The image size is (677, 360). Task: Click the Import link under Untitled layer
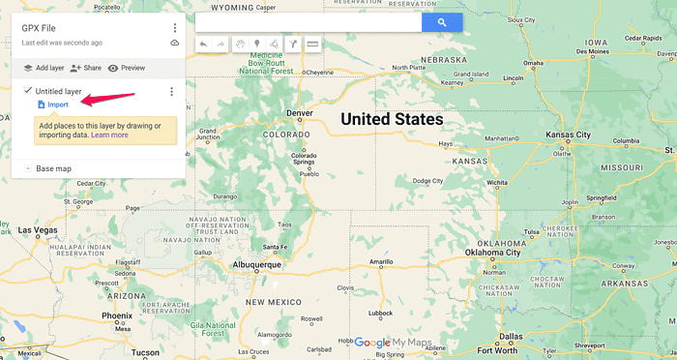point(58,105)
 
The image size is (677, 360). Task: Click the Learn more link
point(109,135)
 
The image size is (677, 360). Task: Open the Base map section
point(53,168)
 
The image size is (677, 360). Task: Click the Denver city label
point(300,113)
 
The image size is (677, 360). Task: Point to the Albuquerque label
point(256,263)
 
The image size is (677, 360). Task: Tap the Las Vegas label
point(39,230)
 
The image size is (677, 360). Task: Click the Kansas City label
point(568,135)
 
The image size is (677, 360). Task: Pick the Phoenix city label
point(116,315)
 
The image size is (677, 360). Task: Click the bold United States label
point(391,119)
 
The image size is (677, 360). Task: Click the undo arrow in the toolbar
point(203,44)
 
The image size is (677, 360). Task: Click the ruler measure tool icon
point(312,44)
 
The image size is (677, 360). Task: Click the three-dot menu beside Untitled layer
point(171,92)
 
